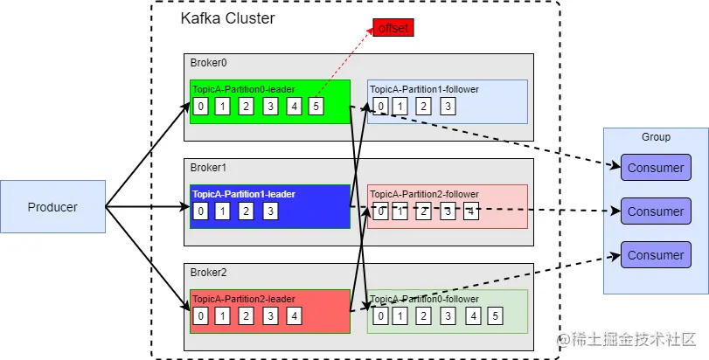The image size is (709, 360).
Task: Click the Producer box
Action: coord(53,207)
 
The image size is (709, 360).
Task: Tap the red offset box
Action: coord(393,28)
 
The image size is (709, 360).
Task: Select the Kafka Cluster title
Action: coord(227,18)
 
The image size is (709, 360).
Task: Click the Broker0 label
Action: coord(208,63)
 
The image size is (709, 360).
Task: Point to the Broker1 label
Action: coord(208,168)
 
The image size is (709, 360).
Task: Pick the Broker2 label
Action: coord(208,273)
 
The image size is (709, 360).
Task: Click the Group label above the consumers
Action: coord(656,137)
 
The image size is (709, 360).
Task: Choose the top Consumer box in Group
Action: coord(656,168)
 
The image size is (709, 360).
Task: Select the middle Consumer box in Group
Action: coord(656,211)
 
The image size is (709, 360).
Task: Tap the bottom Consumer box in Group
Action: coord(656,255)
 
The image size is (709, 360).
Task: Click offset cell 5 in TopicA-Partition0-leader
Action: coord(316,107)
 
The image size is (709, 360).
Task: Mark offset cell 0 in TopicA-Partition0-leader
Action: coord(200,107)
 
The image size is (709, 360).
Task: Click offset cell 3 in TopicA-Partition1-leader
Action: coord(270,211)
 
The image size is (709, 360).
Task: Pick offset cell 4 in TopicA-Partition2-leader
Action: coord(294,316)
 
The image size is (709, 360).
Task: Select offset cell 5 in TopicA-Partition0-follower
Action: coord(495,316)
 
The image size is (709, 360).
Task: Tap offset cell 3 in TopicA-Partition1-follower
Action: coord(448,107)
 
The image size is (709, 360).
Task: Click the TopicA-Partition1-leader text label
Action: coord(244,194)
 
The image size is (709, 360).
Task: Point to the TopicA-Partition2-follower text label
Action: coord(424,194)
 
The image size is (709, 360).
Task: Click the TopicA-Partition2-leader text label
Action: coord(244,299)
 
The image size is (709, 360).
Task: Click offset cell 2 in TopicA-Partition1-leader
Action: coord(246,211)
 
